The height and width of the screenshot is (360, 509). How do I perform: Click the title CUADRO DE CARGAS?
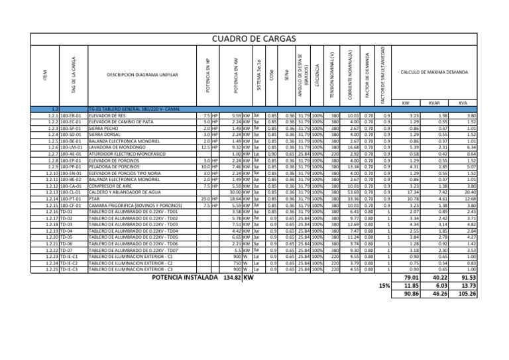[254, 38]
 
